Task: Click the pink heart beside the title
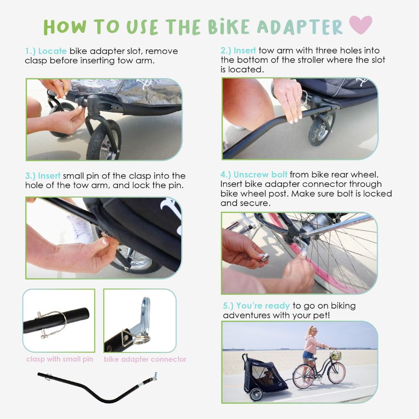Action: point(360,25)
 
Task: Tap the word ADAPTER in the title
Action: point(300,27)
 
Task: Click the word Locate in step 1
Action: point(52,51)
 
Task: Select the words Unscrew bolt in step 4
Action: point(260,174)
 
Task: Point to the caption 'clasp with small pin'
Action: point(59,359)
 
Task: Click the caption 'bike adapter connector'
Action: point(145,359)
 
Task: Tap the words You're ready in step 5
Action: point(263,305)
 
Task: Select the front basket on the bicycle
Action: point(336,355)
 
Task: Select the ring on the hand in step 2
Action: point(284,101)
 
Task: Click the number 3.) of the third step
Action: point(30,176)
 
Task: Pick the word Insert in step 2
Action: point(245,51)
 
